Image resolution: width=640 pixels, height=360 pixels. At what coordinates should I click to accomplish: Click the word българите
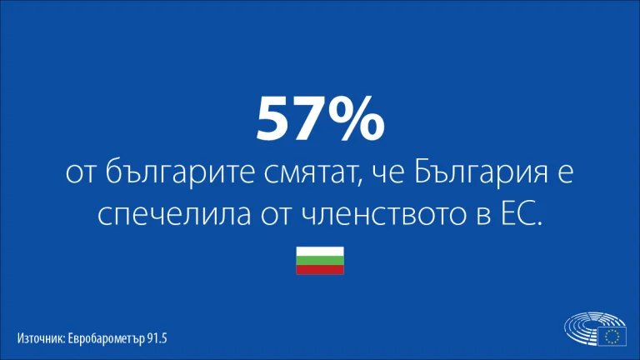179,172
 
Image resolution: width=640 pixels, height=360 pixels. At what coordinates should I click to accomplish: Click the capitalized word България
481,172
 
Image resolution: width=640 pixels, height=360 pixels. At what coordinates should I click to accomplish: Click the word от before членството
277,215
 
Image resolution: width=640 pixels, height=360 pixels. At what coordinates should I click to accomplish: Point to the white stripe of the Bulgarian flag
320,251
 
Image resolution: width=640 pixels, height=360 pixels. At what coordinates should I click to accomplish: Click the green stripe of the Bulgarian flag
320,260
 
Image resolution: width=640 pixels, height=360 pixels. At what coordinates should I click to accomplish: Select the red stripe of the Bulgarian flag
320,270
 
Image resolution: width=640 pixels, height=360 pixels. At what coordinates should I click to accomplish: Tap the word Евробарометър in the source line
106,339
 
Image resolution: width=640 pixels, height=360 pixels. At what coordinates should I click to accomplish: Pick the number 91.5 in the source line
157,338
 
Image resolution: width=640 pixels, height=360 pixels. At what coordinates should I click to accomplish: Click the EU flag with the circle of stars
612,337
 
